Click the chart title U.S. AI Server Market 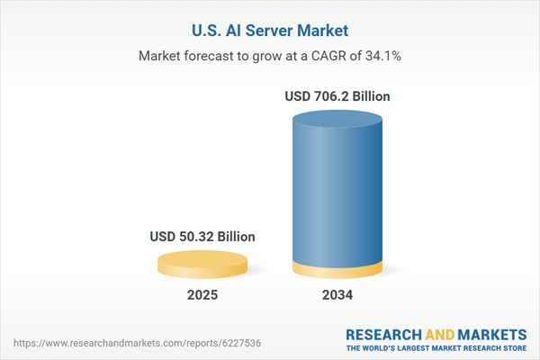pos(269,30)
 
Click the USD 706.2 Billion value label pos(338,94)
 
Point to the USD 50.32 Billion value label pos(202,237)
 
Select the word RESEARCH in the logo pos(384,333)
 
